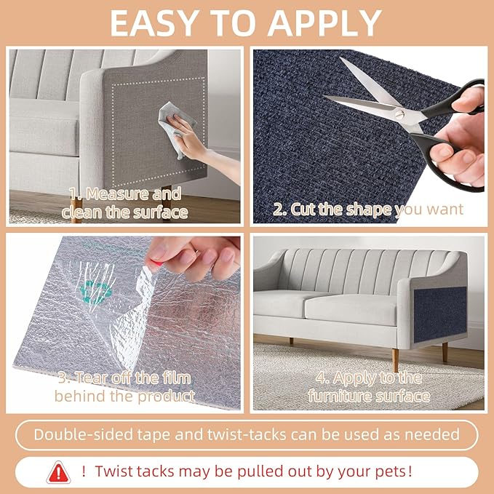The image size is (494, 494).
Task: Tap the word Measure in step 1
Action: coord(123,194)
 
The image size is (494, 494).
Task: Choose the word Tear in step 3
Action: coord(96,378)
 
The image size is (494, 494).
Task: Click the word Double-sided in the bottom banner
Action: coord(82,434)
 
